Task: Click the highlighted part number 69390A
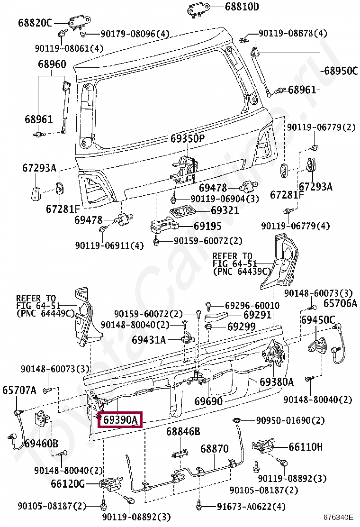[120, 420]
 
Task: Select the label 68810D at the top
[242, 7]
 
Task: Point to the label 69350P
[188, 139]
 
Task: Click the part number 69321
[225, 210]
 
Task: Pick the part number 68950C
[341, 71]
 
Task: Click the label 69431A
[149, 340]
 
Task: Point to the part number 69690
[208, 402]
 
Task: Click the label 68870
[214, 448]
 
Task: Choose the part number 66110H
[306, 446]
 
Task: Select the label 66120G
[68, 484]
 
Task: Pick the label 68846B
[183, 431]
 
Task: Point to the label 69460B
[41, 444]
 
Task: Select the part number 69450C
[318, 320]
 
